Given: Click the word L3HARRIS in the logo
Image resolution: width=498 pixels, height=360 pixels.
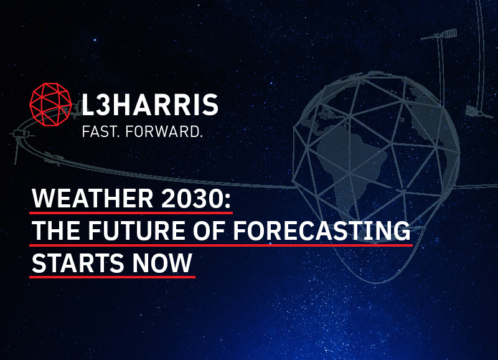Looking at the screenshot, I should pyautogui.click(x=150, y=105).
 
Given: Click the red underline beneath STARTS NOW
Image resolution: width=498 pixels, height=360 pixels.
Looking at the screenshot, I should pyautogui.click(x=113, y=277).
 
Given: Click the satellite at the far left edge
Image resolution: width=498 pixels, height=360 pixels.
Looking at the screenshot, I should pyautogui.click(x=19, y=134).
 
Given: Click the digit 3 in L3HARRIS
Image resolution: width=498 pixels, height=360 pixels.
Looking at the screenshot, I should pyautogui.click(x=101, y=105).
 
